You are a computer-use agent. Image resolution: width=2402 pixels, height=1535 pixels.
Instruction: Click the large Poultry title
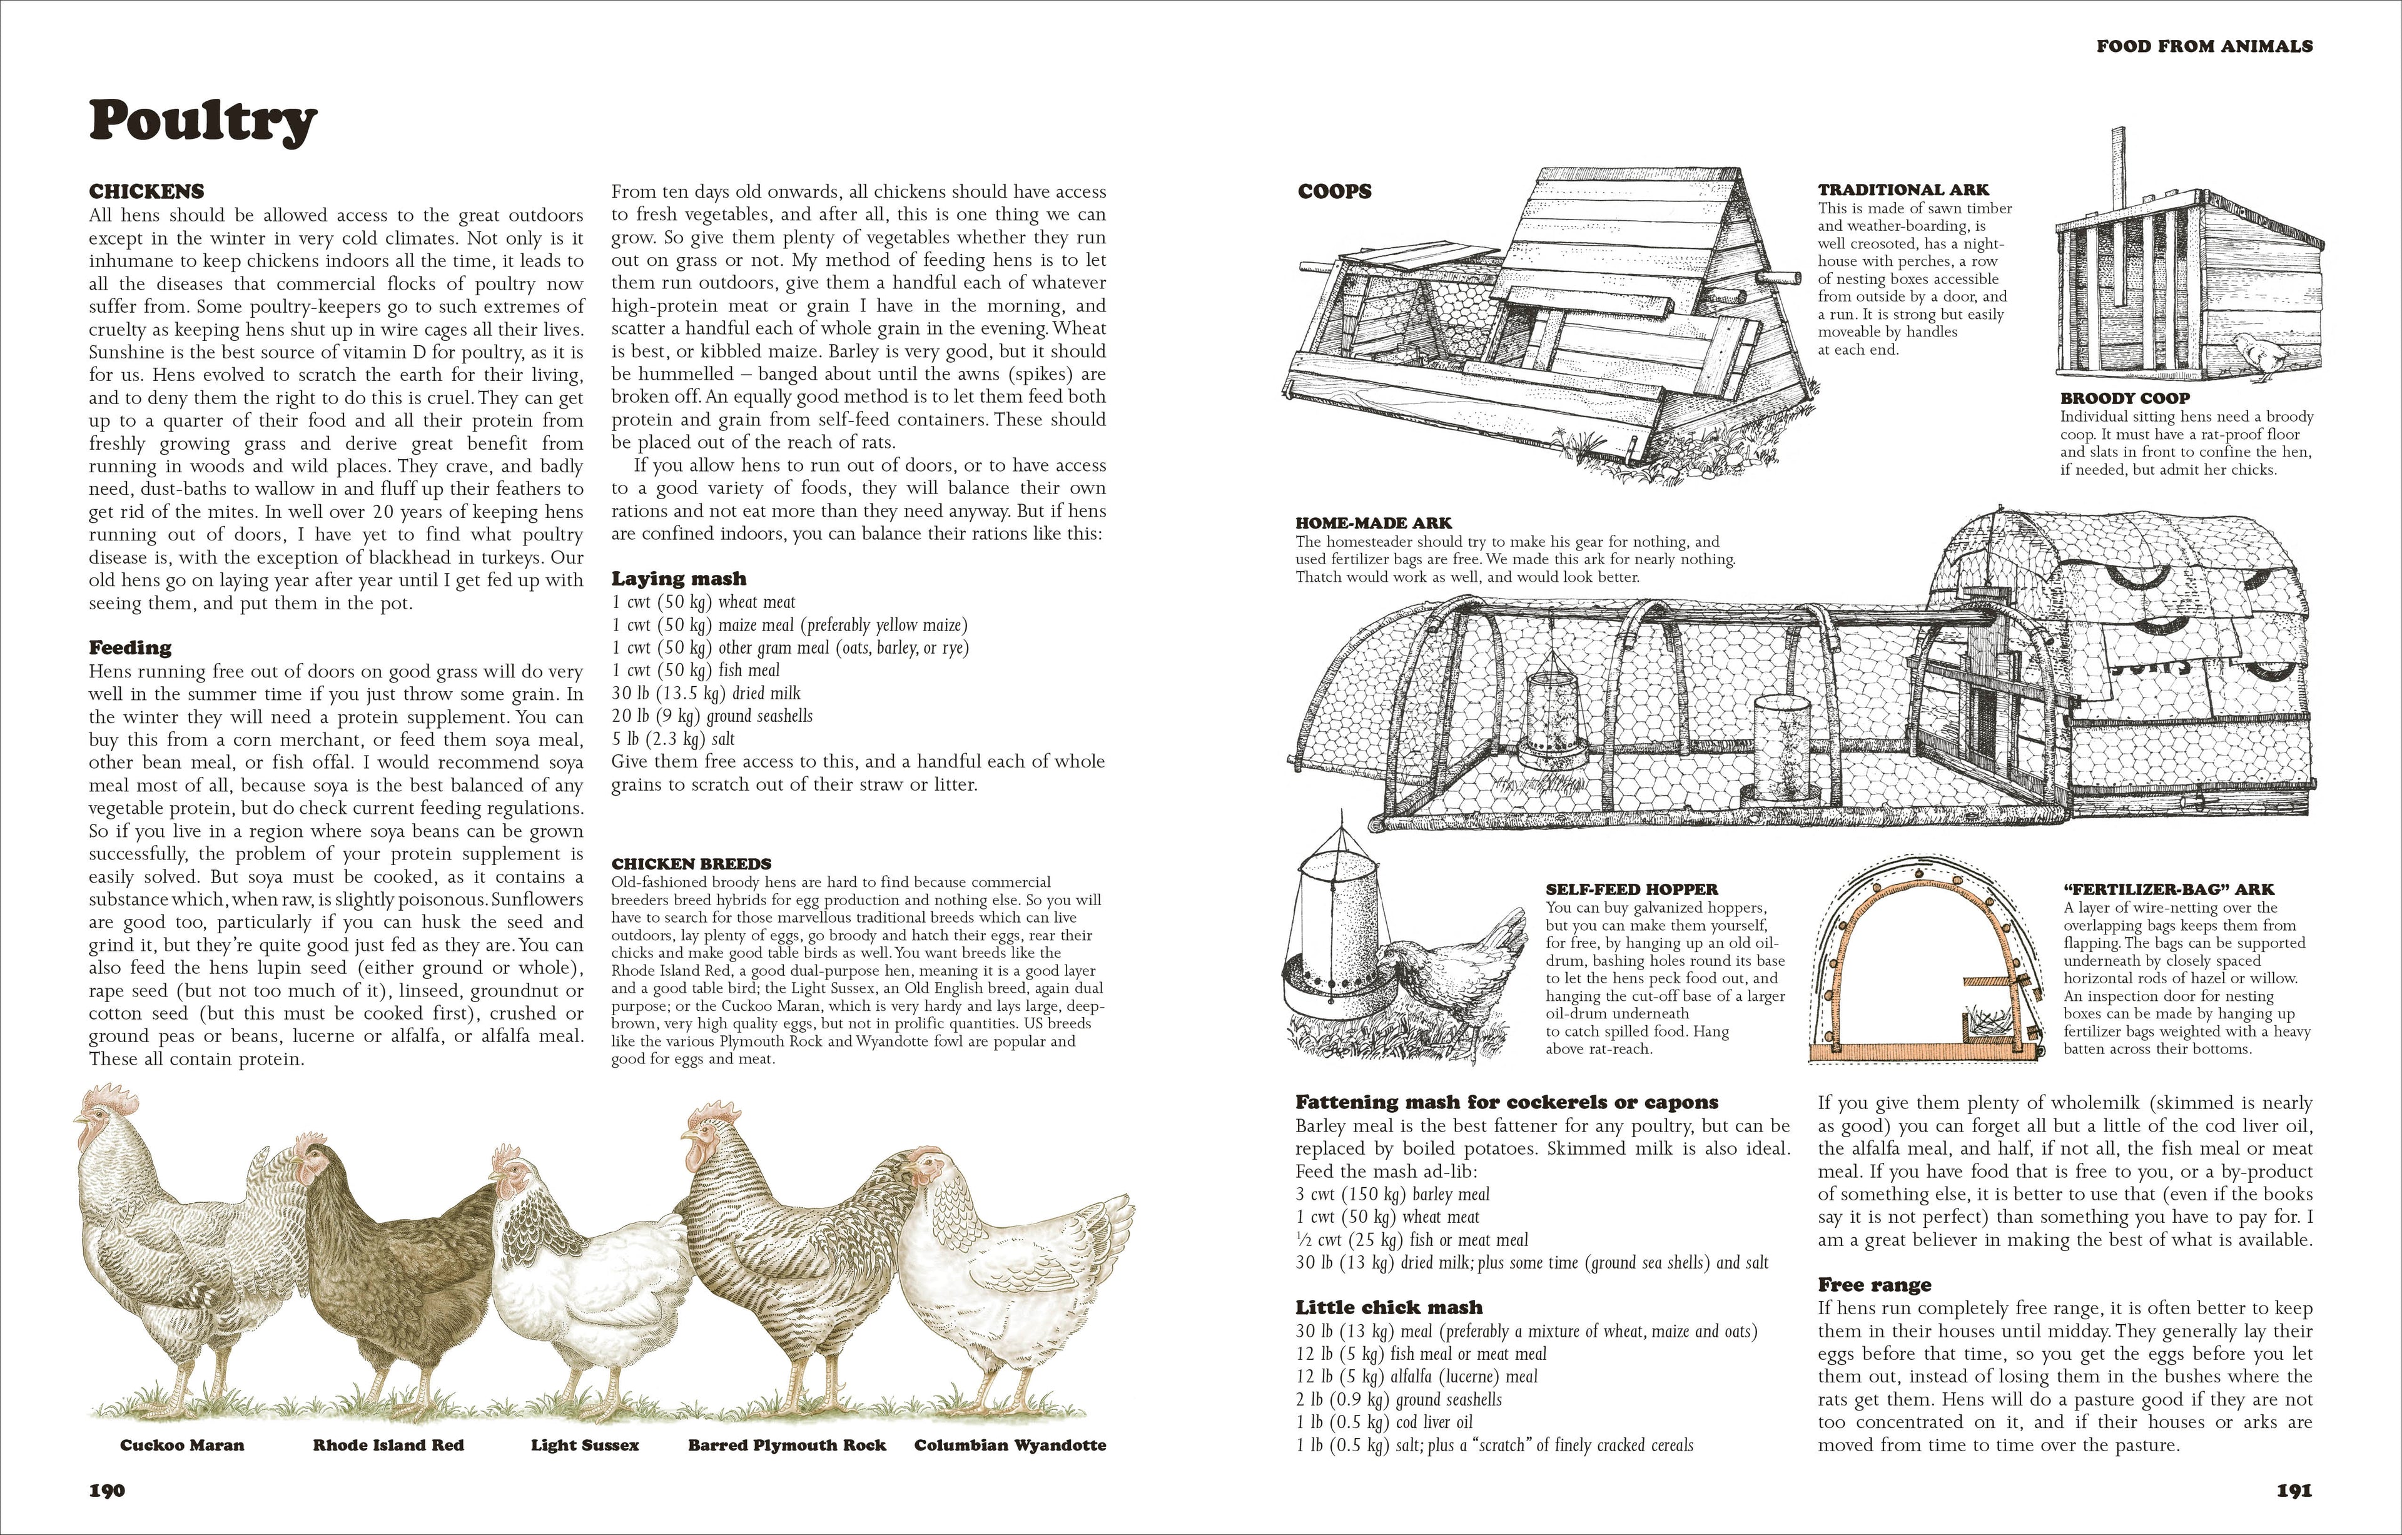click(203, 122)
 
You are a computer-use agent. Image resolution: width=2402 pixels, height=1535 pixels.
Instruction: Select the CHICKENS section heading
click(146, 191)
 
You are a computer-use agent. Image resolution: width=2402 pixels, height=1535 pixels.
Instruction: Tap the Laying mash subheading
click(678, 579)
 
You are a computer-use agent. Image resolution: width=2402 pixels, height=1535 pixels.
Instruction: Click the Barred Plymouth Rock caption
click(787, 1445)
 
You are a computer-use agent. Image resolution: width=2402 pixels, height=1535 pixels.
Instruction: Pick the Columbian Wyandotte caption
click(1010, 1445)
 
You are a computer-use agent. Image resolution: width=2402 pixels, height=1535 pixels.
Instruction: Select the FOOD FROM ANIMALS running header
click(2204, 46)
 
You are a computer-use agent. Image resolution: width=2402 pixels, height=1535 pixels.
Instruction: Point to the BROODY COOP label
click(2125, 398)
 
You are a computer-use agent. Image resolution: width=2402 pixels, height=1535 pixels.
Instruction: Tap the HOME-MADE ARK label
click(1374, 523)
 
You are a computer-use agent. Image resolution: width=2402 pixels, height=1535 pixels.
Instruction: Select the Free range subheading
click(1874, 1285)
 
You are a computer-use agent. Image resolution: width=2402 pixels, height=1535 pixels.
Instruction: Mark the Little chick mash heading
click(1389, 1307)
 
